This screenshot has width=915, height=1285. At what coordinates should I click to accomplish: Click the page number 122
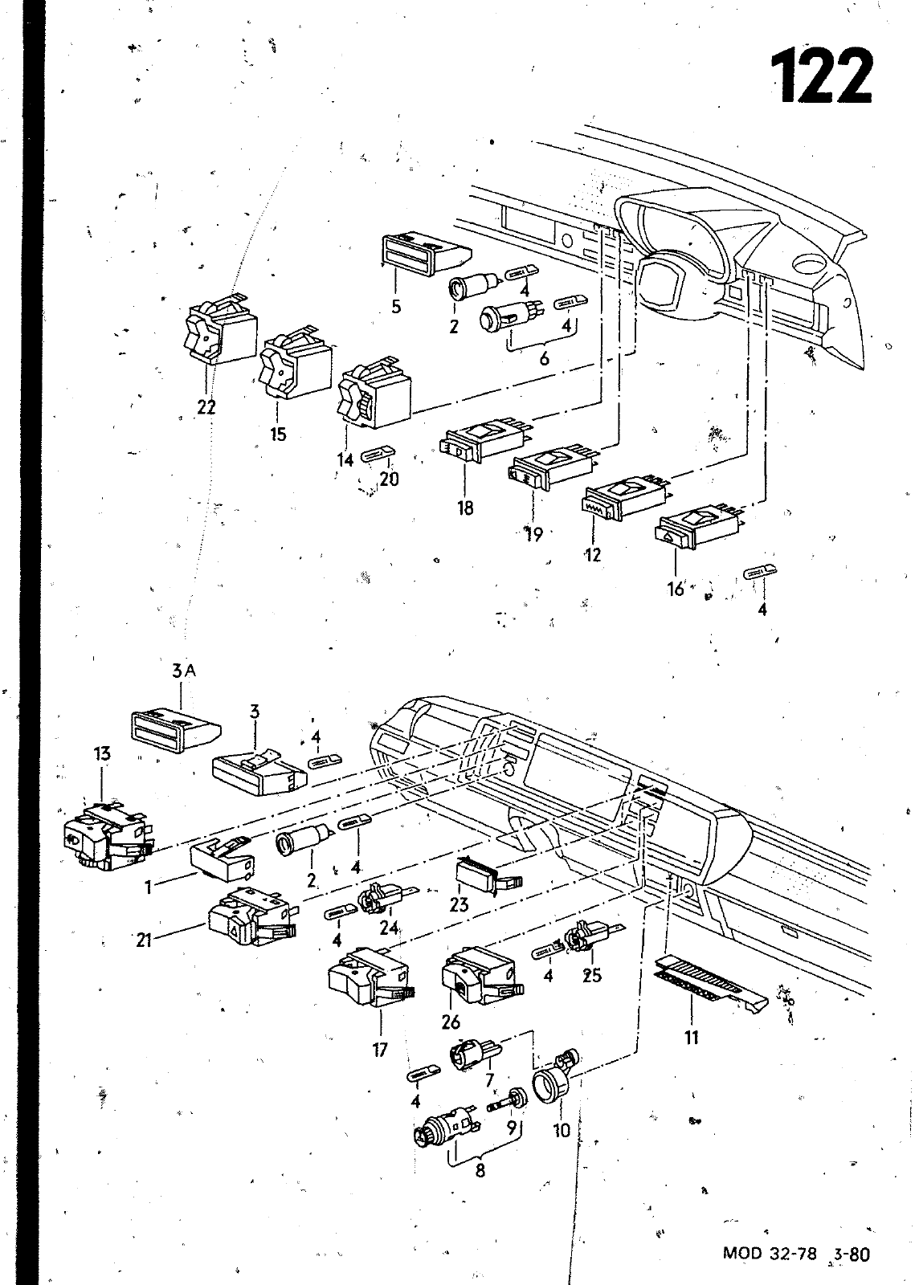click(823, 75)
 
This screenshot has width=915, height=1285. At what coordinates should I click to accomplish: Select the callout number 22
click(206, 406)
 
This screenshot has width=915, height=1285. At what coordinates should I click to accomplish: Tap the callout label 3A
click(184, 671)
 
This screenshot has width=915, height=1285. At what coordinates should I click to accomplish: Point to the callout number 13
click(102, 754)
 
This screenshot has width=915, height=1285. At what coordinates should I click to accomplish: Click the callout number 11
click(692, 1037)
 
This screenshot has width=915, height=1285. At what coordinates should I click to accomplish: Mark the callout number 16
click(676, 589)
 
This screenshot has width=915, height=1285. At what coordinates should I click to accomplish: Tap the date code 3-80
click(852, 1250)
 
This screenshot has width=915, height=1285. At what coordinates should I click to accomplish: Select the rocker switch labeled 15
click(295, 361)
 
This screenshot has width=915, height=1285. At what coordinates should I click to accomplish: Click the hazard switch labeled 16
click(700, 527)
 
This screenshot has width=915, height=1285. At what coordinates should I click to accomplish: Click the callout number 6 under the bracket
click(545, 358)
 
